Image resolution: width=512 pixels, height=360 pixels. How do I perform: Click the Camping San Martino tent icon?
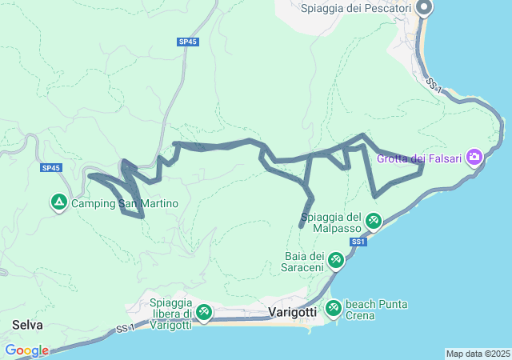[x=59, y=203]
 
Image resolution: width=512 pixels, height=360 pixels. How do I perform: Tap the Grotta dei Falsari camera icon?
[x=475, y=157]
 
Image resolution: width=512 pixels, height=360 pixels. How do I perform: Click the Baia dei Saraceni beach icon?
[x=336, y=260]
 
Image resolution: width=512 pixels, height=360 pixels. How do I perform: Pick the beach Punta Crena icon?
[x=333, y=307]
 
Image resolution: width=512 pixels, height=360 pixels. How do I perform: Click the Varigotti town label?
[x=293, y=310]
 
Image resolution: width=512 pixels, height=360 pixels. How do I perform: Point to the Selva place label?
[x=27, y=326]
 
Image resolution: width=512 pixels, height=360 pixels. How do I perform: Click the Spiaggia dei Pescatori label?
[x=356, y=8]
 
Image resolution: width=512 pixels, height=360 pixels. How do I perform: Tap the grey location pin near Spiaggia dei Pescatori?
[x=424, y=9]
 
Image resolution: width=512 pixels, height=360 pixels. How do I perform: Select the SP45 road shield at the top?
[x=187, y=41]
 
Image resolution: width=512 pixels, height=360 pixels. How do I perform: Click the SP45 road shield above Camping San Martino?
[x=51, y=168]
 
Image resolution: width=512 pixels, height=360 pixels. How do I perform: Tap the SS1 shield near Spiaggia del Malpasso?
[x=358, y=241]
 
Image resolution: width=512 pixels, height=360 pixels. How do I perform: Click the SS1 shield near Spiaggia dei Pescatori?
[x=434, y=83]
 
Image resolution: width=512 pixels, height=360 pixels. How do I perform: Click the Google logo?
[x=26, y=350]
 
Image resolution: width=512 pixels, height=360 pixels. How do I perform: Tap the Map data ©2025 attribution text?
[x=478, y=354]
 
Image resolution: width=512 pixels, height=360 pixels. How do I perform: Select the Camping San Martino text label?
[x=125, y=204]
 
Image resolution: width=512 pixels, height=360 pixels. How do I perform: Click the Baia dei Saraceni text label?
[x=302, y=261]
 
